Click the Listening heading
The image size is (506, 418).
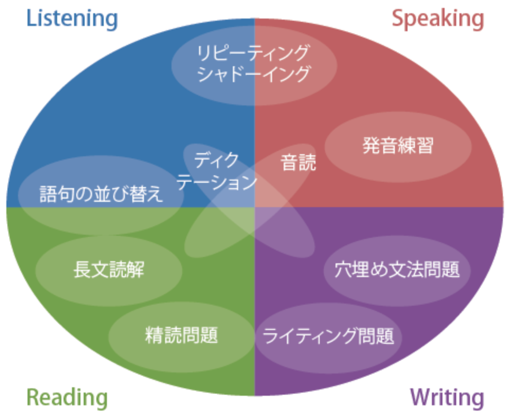tap(72, 19)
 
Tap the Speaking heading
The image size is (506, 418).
tap(438, 19)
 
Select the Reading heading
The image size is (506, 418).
tap(67, 397)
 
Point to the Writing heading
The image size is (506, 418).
tap(447, 397)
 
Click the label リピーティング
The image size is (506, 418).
tap(253, 53)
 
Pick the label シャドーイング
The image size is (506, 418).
tap(253, 74)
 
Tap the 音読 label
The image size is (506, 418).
tap(298, 163)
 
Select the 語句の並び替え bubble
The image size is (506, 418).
tap(101, 194)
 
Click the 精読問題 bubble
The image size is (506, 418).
tap(182, 335)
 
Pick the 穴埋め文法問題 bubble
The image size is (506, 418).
tap(397, 270)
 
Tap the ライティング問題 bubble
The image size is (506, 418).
tap(329, 336)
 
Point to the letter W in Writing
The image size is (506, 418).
tap(418, 397)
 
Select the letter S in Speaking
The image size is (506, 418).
tap(398, 19)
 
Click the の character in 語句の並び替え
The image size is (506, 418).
tap(84, 195)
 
